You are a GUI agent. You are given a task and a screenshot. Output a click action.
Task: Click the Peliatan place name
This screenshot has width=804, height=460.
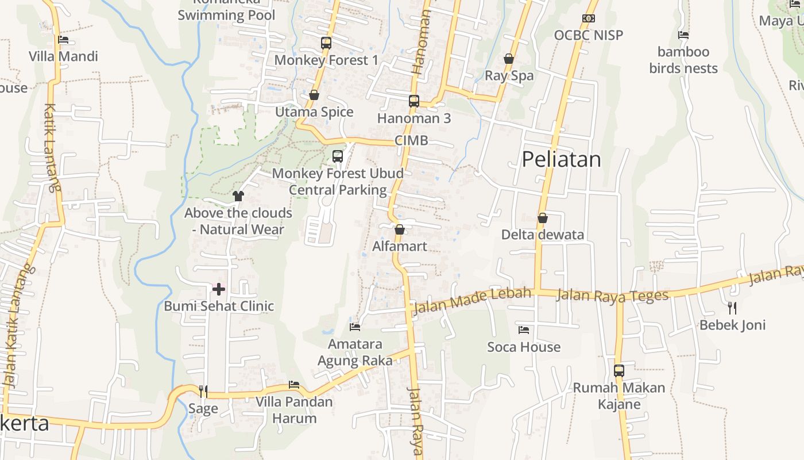coord(561,159)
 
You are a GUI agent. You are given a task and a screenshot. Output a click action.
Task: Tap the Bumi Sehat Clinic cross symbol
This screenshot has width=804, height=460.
coord(219,289)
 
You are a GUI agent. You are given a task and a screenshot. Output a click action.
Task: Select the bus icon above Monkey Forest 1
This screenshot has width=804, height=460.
coord(326,43)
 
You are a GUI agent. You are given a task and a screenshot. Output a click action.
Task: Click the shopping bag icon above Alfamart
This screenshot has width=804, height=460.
coord(400,229)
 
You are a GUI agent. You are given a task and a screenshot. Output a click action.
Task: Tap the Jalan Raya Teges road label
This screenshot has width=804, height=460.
coord(613,296)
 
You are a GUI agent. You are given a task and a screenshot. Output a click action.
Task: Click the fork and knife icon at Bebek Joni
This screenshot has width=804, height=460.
coord(732,308)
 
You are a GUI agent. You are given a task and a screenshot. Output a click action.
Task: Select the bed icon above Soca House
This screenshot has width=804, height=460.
coord(524,330)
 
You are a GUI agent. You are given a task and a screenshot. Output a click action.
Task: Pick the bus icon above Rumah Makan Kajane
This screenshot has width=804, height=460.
coord(619,371)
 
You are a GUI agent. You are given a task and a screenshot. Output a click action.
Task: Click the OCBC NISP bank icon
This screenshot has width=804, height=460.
coord(588,18)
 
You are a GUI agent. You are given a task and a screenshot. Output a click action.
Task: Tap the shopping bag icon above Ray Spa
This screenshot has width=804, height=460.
coord(509,59)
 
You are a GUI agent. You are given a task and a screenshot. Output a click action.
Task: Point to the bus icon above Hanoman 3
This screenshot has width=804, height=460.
coord(414,101)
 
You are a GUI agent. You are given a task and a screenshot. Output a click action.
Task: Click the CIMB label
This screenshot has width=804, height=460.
coord(411,141)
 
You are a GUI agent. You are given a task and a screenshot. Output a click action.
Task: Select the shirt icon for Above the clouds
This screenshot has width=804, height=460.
coord(238,196)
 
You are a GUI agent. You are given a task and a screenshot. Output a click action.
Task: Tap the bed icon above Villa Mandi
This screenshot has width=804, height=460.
coord(63,40)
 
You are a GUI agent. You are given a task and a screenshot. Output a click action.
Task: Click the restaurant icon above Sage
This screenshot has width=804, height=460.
coord(203,392)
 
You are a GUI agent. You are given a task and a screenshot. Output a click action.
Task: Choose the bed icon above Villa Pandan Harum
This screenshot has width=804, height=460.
coord(294,385)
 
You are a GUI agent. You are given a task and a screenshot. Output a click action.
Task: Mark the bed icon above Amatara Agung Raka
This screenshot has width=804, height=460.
coord(355,327)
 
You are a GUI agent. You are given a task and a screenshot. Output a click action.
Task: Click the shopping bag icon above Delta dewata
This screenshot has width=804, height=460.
coord(543,218)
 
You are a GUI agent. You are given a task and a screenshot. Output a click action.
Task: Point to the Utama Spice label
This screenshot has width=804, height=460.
coord(314,112)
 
